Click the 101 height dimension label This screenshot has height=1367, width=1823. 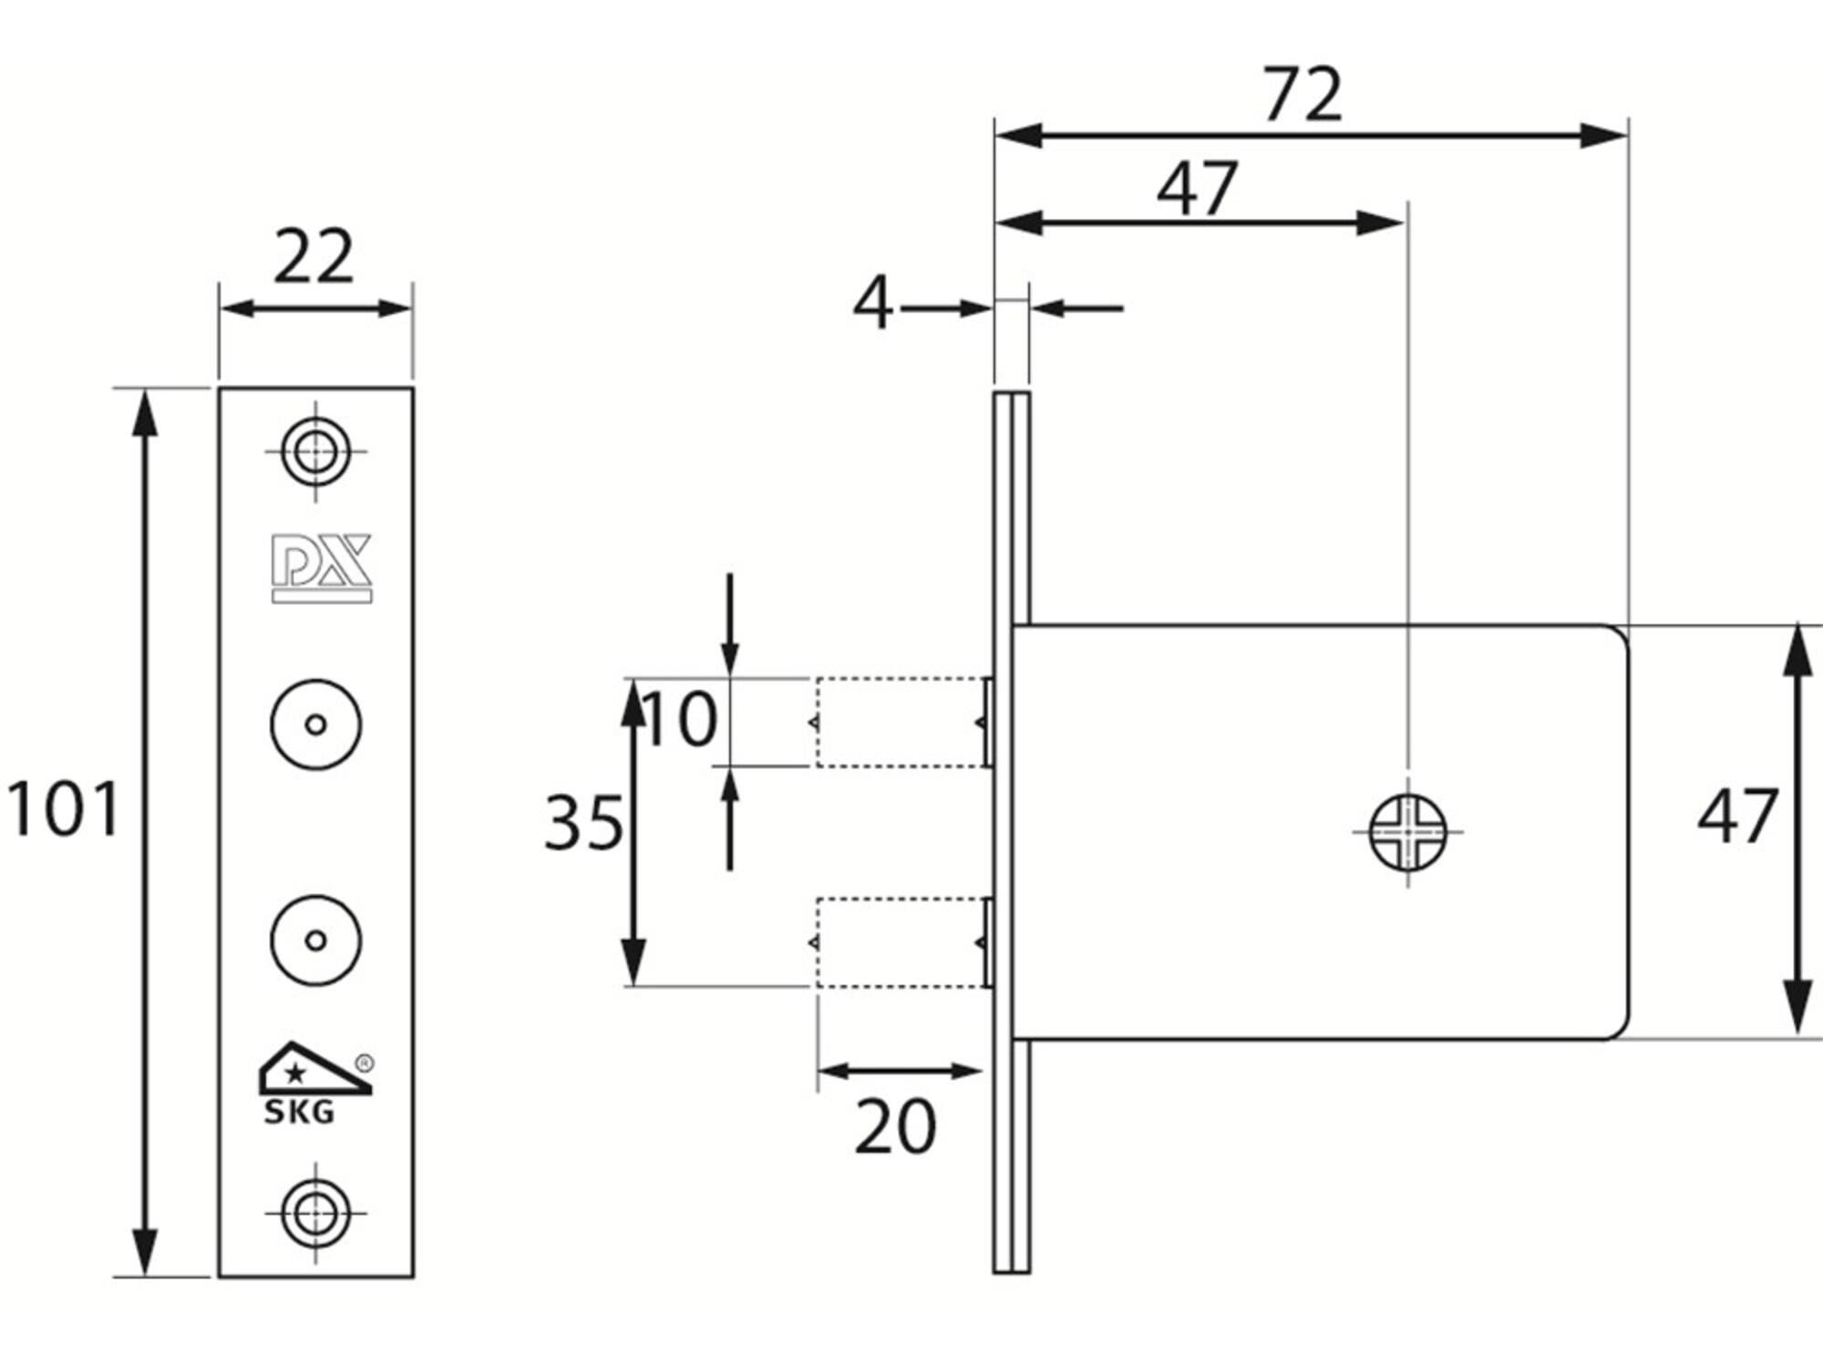pyautogui.click(x=63, y=808)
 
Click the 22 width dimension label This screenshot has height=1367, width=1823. pyautogui.click(x=314, y=257)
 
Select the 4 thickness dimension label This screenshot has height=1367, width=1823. pyautogui.click(x=872, y=303)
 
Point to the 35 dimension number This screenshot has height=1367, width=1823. pyautogui.click(x=584, y=823)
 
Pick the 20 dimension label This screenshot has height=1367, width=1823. pyautogui.click(x=895, y=1126)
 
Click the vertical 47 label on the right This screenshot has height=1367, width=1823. pyautogui.click(x=1737, y=816)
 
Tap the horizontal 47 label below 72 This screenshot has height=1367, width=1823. pyautogui.click(x=1198, y=188)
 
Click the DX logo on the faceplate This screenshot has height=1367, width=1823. pyautogui.click(x=322, y=568)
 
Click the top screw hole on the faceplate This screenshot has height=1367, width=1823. pyautogui.click(x=315, y=451)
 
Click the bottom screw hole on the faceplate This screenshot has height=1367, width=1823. pyautogui.click(x=315, y=1213)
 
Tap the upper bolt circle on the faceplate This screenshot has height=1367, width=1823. pyautogui.click(x=315, y=725)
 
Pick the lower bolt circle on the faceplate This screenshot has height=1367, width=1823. pyautogui.click(x=315, y=940)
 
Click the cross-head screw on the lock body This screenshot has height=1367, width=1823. pyautogui.click(x=1408, y=832)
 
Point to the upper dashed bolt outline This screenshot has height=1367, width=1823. pyautogui.click(x=902, y=723)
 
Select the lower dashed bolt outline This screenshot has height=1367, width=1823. pyautogui.click(x=902, y=942)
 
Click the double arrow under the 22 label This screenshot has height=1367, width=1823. pyautogui.click(x=315, y=308)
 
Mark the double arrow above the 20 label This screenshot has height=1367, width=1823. pyautogui.click(x=901, y=1071)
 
